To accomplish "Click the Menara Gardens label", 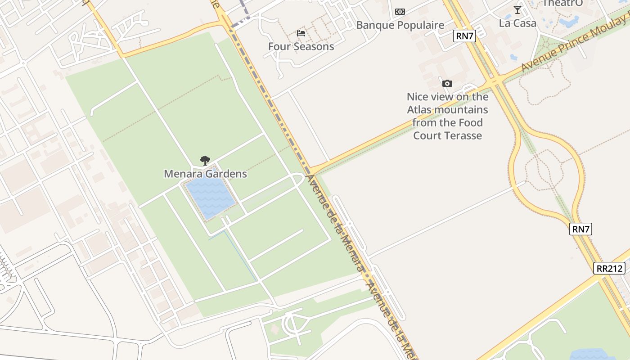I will point(205,174).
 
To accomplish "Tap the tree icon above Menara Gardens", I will point(205,160).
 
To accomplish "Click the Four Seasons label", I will point(301,46).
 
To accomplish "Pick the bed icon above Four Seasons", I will point(301,33).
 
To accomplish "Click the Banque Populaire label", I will point(400,25).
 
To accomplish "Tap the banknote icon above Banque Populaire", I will point(400,12).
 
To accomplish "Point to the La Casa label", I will point(517,23).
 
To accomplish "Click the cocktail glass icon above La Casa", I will point(517,10).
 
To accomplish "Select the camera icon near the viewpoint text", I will point(447,83).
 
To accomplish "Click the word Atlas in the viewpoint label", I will point(418,110).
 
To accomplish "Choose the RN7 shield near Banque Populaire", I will point(464,36).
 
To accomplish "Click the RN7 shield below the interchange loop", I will point(580,229).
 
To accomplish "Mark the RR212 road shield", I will point(609,269).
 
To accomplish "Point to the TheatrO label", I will point(562,4).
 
